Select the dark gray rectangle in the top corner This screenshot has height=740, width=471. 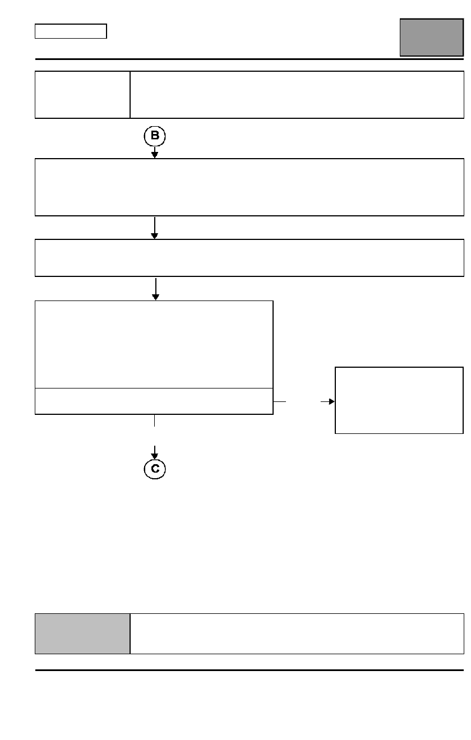pyautogui.click(x=432, y=38)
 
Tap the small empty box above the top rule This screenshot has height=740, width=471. pyautogui.click(x=71, y=31)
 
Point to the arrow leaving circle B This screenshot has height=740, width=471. pyautogui.click(x=155, y=152)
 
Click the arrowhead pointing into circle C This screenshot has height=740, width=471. pyautogui.click(x=154, y=456)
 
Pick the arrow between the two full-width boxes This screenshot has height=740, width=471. pyautogui.click(x=155, y=228)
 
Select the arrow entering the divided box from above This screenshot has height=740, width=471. pyautogui.click(x=156, y=289)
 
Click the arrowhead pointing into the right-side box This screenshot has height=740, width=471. pyautogui.click(x=331, y=401)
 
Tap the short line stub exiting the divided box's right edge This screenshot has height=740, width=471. pyautogui.click(x=280, y=401)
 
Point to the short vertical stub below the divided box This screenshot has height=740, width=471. pyautogui.click(x=154, y=420)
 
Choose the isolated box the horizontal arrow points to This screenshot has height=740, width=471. pyautogui.click(x=399, y=400)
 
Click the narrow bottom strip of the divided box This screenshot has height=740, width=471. pyautogui.click(x=154, y=401)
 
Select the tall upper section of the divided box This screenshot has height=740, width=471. pyautogui.click(x=154, y=344)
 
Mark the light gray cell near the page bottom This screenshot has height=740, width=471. pyautogui.click(x=82, y=633)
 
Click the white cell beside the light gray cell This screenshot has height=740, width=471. pyautogui.click(x=297, y=633)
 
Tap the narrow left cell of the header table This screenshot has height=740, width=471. pyautogui.click(x=82, y=95)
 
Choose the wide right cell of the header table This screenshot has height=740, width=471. pyautogui.click(x=297, y=95)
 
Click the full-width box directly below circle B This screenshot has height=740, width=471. pyautogui.click(x=249, y=187)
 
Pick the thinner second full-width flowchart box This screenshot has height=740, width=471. pyautogui.click(x=249, y=258)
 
